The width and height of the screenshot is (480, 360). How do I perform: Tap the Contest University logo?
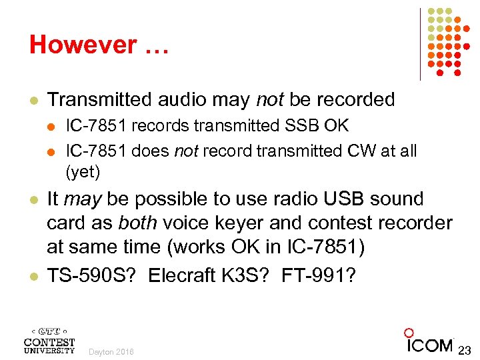49,341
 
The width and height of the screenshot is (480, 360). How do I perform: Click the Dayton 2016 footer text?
111,351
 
